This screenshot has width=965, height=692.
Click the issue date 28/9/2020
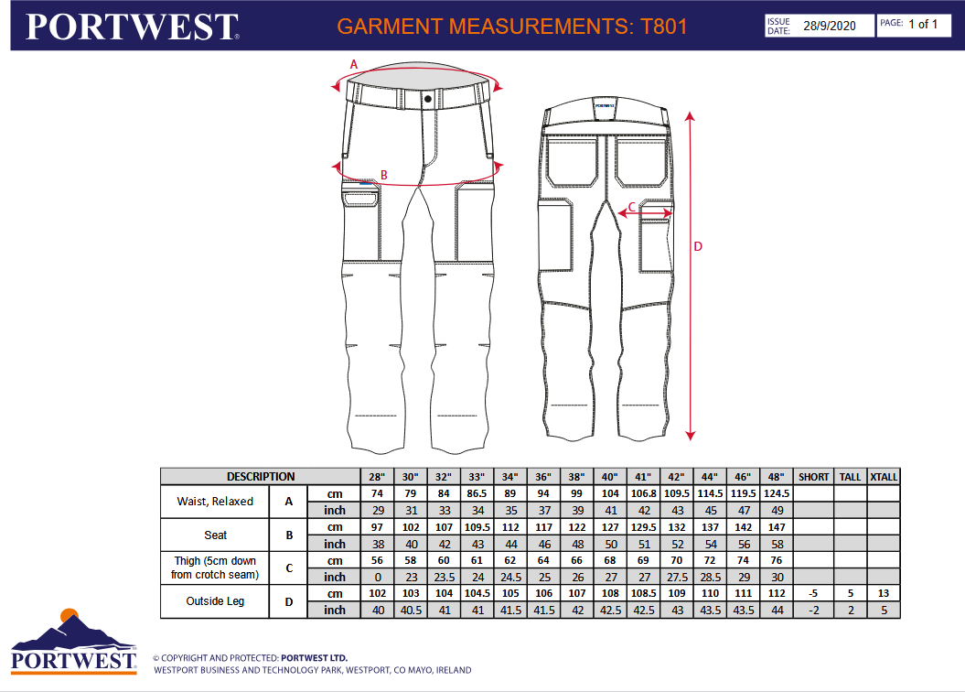[829, 26]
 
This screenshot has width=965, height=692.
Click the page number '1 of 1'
[923, 24]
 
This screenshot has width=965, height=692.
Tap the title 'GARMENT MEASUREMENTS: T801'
[511, 27]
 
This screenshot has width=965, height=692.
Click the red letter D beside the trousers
[698, 246]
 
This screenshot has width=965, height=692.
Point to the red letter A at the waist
[354, 64]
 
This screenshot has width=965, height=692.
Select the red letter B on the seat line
[384, 175]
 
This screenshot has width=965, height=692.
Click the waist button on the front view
[428, 99]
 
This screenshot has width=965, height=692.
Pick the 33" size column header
[477, 477]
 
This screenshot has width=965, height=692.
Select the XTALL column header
[884, 477]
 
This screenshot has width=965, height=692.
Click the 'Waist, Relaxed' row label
[215, 501]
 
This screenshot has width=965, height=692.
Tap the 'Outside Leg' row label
[215, 600]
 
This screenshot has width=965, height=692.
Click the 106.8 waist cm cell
[643, 493]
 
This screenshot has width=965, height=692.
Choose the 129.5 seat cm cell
[643, 527]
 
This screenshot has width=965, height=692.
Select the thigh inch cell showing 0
[377, 577]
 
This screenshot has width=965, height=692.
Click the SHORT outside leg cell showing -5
[813, 593]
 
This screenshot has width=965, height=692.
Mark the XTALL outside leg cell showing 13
[884, 593]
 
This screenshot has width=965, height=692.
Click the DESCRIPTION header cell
[261, 477]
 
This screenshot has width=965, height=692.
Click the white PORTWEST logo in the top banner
[132, 27]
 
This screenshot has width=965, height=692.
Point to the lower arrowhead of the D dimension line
[691, 436]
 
